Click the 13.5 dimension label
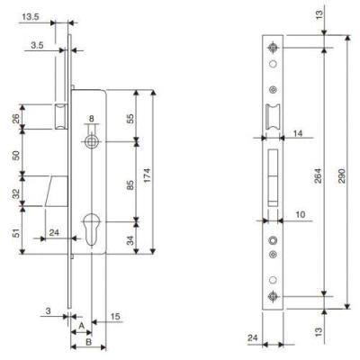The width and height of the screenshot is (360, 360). [x=31, y=17]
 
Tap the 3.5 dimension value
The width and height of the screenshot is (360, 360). [x=37, y=45]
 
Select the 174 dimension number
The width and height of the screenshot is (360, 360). [x=148, y=180]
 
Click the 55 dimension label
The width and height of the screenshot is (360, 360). [x=130, y=118]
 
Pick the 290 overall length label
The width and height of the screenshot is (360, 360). [x=342, y=176]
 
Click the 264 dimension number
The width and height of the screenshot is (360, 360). [x=318, y=176]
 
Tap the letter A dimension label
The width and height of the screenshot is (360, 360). [x=81, y=326]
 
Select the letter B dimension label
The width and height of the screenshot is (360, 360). [x=88, y=342]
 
